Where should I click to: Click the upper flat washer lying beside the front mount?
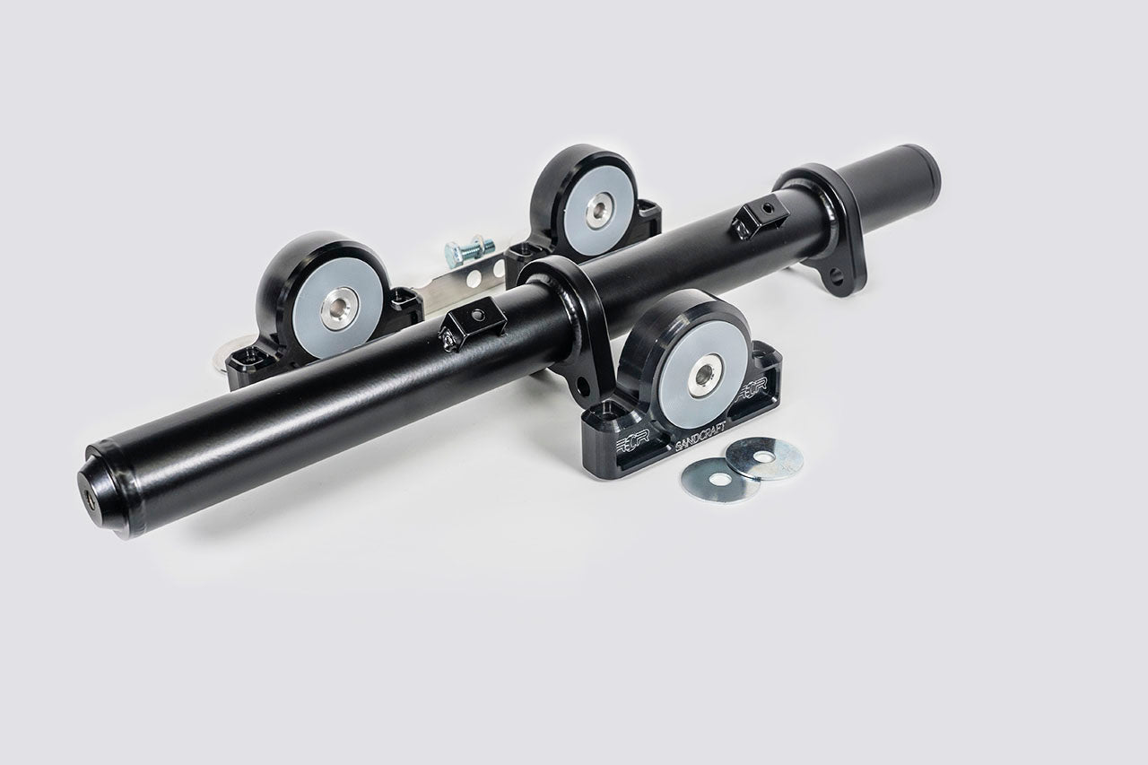coord(764,457)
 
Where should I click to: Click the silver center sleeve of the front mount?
coord(705,374)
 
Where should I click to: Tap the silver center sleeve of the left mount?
coord(340,308)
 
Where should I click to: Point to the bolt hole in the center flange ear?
coord(585,387)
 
